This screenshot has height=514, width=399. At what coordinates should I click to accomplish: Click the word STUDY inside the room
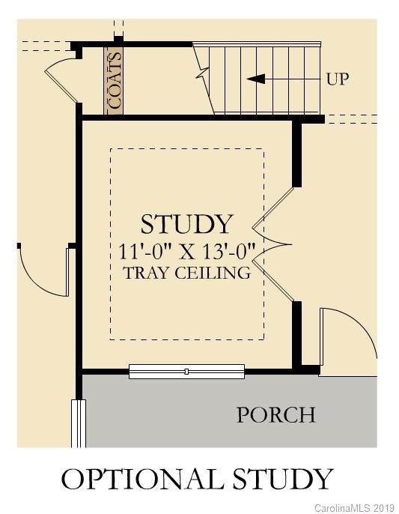[x=187, y=224]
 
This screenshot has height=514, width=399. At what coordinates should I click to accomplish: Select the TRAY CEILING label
[x=187, y=273]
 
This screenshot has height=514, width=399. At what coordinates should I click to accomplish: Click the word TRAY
[x=147, y=273]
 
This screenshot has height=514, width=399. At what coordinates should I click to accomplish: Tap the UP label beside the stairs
[x=338, y=79]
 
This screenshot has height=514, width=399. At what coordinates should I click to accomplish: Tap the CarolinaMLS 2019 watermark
[x=353, y=508]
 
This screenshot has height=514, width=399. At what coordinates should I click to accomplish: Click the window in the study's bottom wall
[x=186, y=371]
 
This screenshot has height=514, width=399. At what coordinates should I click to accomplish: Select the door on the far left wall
[x=45, y=270]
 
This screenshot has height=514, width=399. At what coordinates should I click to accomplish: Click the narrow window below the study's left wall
[x=78, y=423]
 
